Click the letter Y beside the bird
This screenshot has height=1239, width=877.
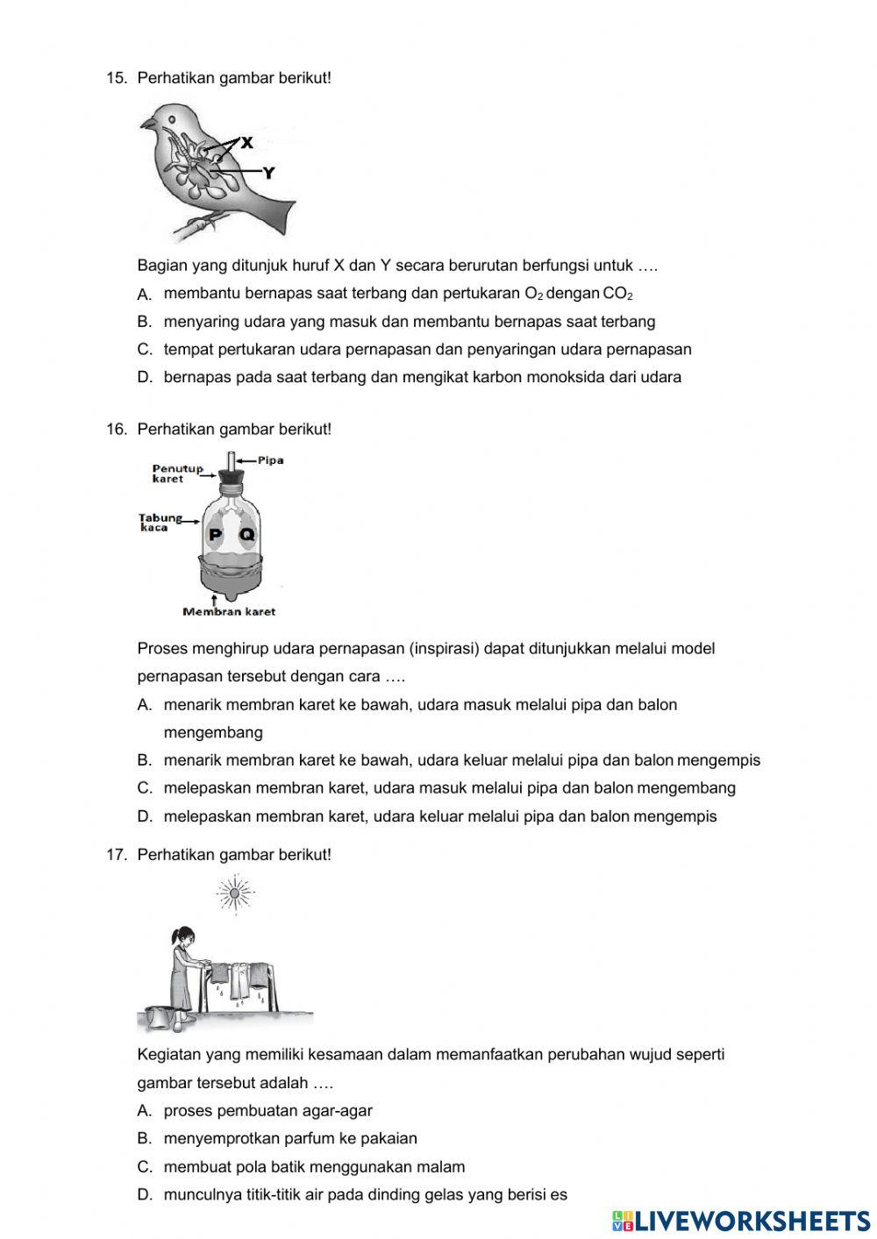click(x=268, y=173)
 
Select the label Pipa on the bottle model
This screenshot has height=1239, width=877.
click(x=270, y=460)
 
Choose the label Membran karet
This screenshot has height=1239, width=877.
click(x=228, y=611)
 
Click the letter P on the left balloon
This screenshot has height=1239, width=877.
click(x=214, y=535)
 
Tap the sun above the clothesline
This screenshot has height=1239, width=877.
click(x=234, y=894)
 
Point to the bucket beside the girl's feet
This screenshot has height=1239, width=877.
click(x=159, y=1017)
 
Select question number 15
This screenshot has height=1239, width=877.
click(x=117, y=78)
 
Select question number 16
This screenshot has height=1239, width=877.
click(x=117, y=430)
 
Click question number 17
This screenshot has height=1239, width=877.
click(x=117, y=854)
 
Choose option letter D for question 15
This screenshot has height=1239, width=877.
click(x=145, y=378)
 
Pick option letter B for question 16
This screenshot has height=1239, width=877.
click(x=145, y=760)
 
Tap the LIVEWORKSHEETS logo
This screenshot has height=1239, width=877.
click(x=741, y=1221)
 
